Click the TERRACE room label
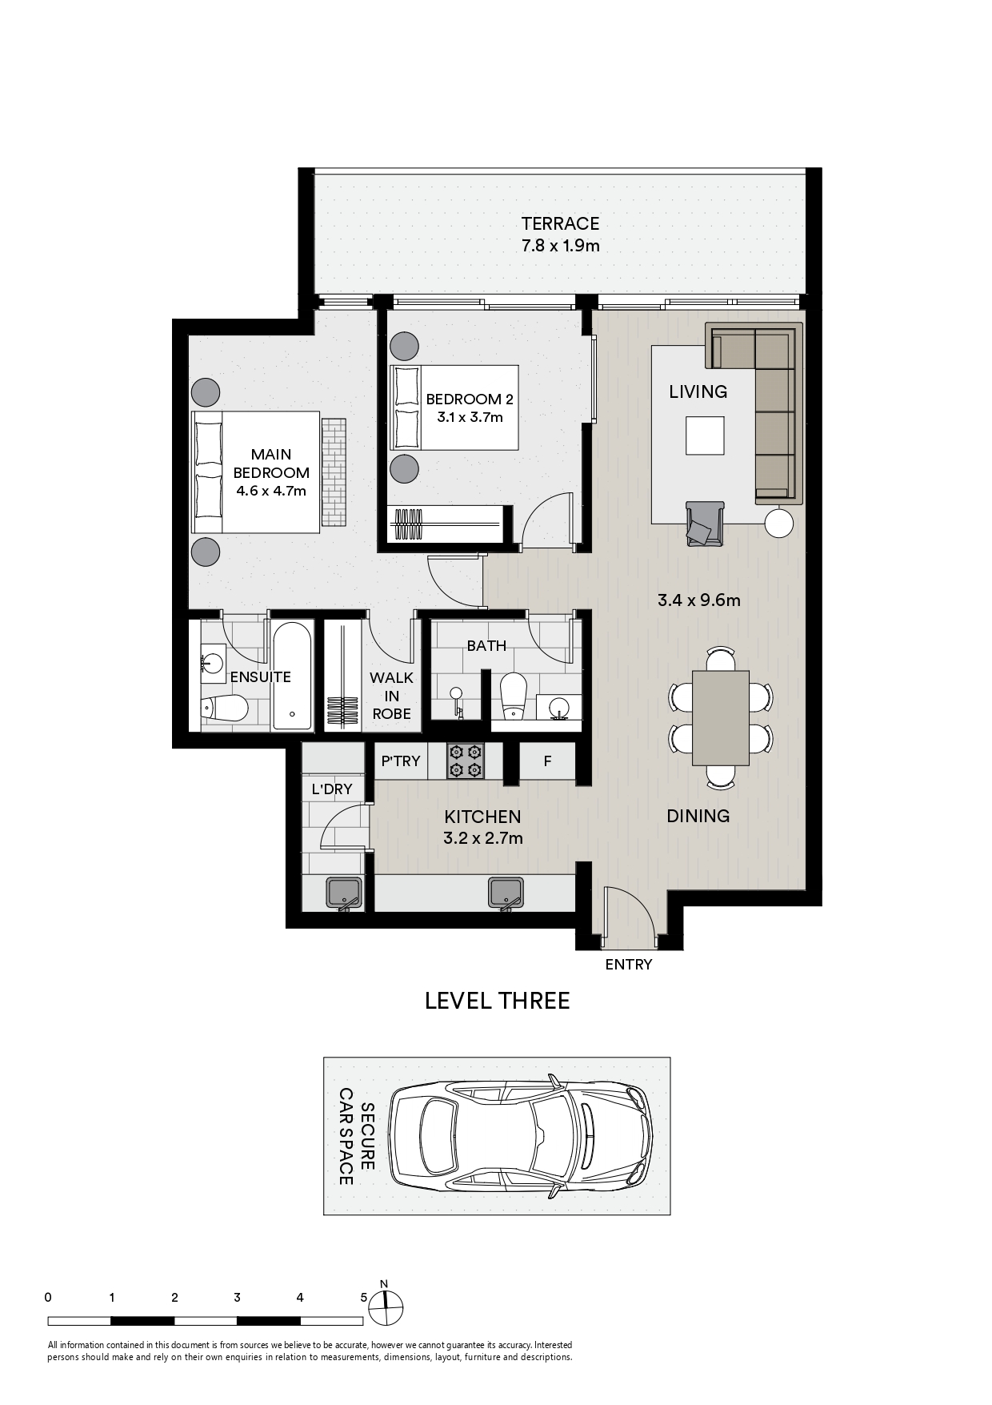(560, 223)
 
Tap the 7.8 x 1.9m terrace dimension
(560, 245)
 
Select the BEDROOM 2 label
(470, 399)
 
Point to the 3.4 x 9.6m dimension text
(698, 600)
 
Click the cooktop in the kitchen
(466, 761)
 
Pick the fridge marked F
(547, 761)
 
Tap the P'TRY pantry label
(401, 761)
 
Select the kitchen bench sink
(506, 893)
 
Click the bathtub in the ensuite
(293, 676)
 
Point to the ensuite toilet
(225, 708)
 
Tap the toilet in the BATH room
(513, 693)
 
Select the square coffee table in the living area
(705, 436)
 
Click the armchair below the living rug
(705, 524)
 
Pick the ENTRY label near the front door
(629, 965)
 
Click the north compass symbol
(386, 1309)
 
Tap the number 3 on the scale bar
(237, 1298)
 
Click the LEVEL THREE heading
(497, 1001)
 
